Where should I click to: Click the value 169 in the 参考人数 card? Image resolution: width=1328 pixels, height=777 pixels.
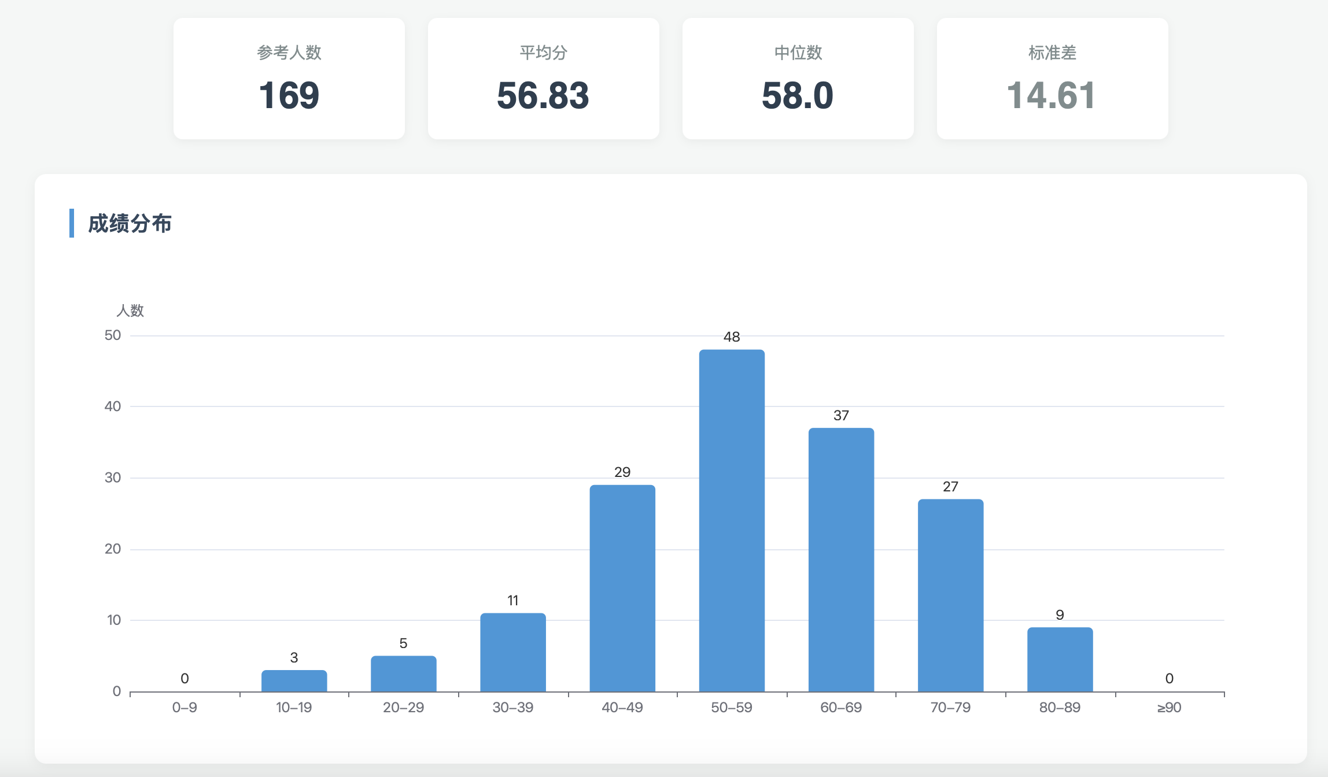coord(289,95)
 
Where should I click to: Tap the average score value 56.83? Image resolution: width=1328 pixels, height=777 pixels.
coord(543,95)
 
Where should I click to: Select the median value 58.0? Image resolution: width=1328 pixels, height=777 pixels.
coord(797,95)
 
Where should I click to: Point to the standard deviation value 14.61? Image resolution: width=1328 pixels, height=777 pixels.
coord(1051,95)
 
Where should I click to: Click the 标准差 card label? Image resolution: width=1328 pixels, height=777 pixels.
coord(1052,53)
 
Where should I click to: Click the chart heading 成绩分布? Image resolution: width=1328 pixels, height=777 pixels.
coord(130,224)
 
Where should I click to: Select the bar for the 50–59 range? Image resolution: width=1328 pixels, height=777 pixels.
coord(732,520)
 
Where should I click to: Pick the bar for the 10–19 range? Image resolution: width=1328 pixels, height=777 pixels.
coord(294,681)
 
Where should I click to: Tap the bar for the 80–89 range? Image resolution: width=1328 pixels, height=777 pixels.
coord(1060,660)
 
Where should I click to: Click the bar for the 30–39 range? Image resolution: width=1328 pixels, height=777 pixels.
coord(512,652)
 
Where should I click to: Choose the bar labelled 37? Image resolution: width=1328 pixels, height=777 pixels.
coord(841,560)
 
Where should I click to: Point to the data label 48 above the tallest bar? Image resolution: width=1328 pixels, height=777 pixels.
coord(732,337)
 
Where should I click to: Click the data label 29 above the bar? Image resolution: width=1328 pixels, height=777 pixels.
coord(622,472)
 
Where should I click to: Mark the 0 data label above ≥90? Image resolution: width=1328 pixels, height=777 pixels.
coord(1169,679)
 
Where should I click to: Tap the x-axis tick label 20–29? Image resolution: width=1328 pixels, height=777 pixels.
coord(403,708)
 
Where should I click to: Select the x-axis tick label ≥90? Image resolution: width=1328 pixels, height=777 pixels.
coord(1169,708)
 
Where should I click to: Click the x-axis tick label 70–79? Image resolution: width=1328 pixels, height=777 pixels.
coord(950,708)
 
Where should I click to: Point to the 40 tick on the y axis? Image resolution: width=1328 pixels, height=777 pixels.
coord(113,406)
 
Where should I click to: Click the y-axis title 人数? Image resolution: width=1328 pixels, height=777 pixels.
coord(130,311)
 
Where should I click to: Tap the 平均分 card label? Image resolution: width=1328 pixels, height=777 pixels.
coord(543,53)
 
